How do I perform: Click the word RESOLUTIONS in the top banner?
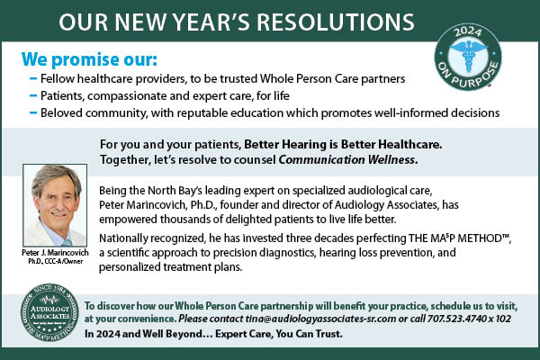[x=336, y=22]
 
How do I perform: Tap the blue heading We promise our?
[x=89, y=59]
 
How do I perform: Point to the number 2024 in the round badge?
[x=467, y=32]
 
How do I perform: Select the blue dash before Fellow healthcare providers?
[x=33, y=79]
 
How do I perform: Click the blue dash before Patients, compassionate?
[x=33, y=95]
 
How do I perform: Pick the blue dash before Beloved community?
[x=33, y=112]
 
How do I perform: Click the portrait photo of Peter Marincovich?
[x=55, y=205]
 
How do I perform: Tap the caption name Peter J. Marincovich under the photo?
[x=55, y=253]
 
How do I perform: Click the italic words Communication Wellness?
[x=348, y=160]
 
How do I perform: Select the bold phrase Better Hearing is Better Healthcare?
[x=343, y=144]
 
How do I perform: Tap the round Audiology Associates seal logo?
[x=49, y=313]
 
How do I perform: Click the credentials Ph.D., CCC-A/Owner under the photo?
[x=56, y=262]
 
